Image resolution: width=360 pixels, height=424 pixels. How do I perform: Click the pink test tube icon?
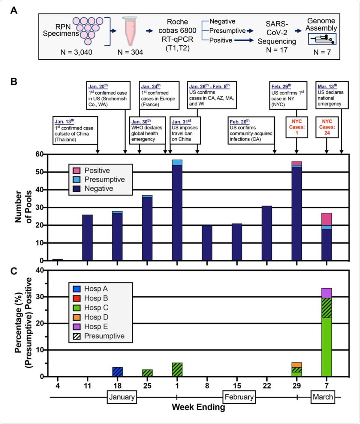pos(130,31)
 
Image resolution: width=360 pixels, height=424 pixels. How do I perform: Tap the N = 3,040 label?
pos(76,52)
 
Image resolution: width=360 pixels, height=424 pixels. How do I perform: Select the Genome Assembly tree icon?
pos(322,39)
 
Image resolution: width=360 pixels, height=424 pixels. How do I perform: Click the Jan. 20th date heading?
pos(98,86)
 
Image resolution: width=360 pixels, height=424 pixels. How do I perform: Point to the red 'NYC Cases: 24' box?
pos(327,127)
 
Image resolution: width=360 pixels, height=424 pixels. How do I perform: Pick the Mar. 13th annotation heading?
pos(327,86)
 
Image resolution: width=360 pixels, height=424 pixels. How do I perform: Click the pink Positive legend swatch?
pos(76,170)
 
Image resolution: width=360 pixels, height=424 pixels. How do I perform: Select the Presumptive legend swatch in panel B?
pos(76,179)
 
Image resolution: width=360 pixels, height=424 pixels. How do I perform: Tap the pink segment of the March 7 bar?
pos(327,219)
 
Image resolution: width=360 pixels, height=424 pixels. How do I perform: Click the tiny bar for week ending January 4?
pos(58,259)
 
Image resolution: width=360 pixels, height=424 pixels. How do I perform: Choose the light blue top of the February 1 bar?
pos(177,162)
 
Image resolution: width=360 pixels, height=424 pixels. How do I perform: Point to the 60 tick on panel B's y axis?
pos(39,154)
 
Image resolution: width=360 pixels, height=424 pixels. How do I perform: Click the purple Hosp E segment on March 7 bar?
pos(327,293)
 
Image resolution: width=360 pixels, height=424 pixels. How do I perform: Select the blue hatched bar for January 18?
pos(117,372)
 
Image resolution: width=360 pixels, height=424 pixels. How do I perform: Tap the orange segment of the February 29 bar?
pos(297,365)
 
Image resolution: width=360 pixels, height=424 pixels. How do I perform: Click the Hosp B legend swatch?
pos(76,298)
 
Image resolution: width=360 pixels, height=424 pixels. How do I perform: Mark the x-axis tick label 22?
pos(267,386)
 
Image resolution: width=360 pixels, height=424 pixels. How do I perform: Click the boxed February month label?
pos(239,397)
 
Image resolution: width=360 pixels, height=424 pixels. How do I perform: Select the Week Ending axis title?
pos(198,407)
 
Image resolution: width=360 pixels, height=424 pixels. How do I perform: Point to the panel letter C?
pos(14,271)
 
